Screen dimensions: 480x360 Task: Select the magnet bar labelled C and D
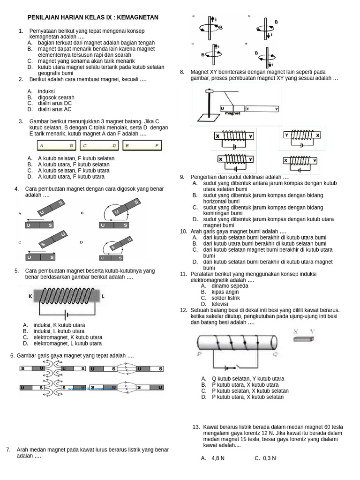click(99, 146)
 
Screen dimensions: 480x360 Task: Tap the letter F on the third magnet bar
click(157, 146)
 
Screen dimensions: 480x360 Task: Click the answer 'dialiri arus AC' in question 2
click(55, 109)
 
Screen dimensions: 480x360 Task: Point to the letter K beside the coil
click(30, 296)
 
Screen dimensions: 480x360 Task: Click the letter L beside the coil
click(103, 296)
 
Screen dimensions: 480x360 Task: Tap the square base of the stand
click(205, 116)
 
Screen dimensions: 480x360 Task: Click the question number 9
click(182, 177)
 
